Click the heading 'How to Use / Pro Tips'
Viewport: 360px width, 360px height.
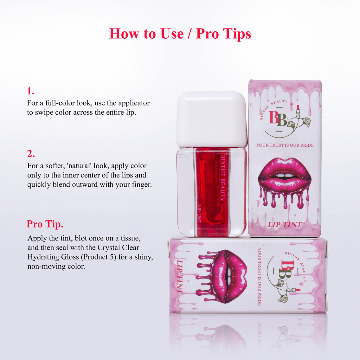coord(180,34)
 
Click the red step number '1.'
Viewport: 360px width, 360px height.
coord(30,91)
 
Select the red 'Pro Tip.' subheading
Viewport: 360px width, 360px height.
coord(45,224)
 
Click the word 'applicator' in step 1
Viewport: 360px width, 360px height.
coord(134,103)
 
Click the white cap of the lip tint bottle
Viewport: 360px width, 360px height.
coord(212,119)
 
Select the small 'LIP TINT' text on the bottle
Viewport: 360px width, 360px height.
coord(199,214)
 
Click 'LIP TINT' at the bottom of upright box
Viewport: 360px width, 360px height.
coord(285,225)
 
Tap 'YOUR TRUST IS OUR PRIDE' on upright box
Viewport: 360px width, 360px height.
coord(285,145)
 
